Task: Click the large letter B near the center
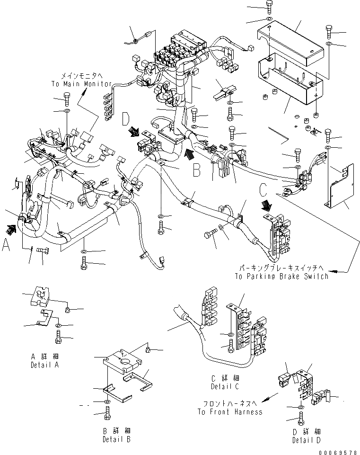[197, 170]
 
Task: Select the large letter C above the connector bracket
[264, 190]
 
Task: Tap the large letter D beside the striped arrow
[126, 118]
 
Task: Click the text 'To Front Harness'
[230, 412]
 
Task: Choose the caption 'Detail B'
[116, 439]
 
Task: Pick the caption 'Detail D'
[306, 440]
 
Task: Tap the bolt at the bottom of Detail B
[106, 416]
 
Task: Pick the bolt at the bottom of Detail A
[58, 337]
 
